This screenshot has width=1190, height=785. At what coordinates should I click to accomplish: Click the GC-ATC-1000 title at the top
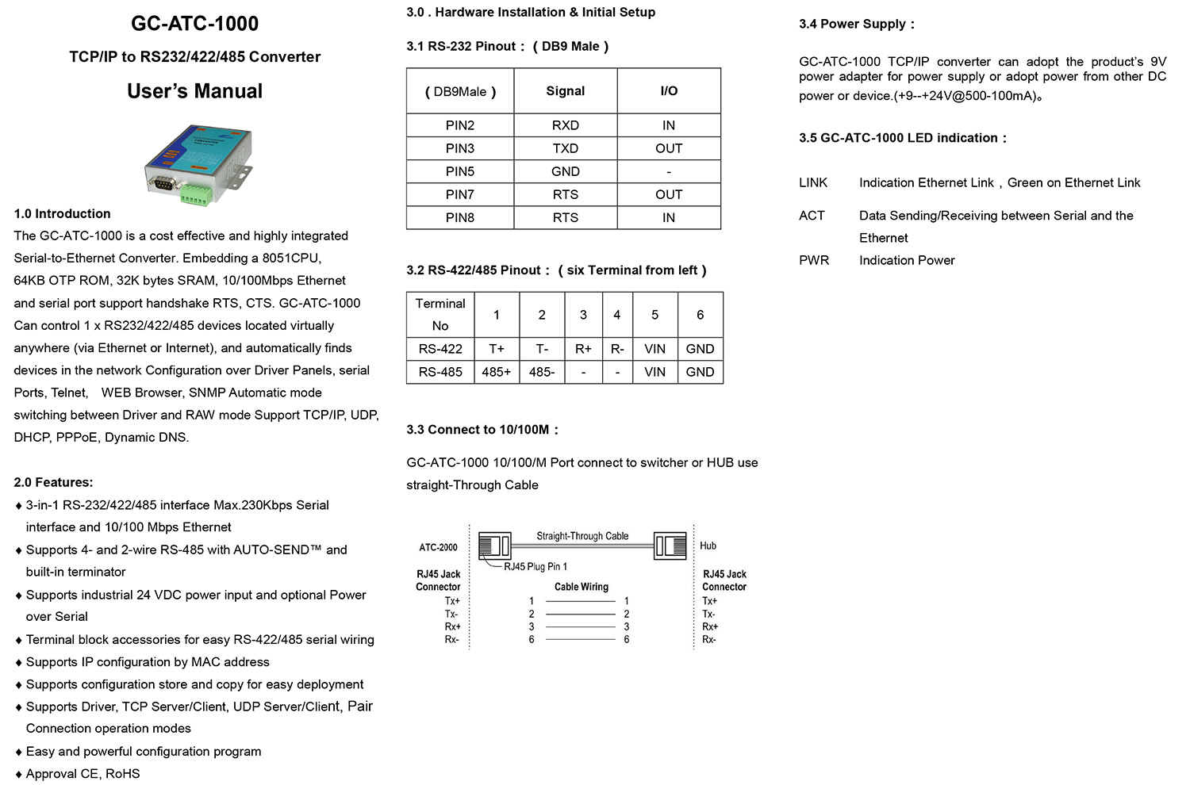click(194, 24)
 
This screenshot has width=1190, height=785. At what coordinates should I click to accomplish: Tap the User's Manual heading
click(194, 91)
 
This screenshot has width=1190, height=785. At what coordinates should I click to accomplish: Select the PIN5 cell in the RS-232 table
click(460, 171)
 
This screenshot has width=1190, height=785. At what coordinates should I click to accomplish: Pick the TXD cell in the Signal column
click(565, 148)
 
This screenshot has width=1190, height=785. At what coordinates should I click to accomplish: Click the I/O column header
click(669, 91)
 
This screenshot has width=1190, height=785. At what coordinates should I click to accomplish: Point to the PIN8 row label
click(460, 217)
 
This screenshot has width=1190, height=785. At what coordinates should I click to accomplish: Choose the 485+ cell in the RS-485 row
click(497, 372)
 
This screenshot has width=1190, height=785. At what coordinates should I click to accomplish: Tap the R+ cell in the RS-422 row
click(583, 349)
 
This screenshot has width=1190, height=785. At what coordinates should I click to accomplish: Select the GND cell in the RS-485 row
click(700, 372)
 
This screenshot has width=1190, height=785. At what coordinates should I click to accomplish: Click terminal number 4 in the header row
click(616, 315)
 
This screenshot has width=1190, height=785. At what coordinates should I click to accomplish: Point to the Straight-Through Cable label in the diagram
click(582, 536)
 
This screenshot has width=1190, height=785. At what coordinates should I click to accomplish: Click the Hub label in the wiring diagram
click(708, 546)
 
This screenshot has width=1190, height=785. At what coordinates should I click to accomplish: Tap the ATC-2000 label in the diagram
click(438, 547)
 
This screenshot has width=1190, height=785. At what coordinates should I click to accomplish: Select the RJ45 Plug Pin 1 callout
click(535, 566)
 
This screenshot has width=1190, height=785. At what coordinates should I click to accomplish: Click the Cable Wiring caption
click(582, 587)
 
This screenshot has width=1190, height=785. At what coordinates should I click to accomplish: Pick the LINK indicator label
click(813, 183)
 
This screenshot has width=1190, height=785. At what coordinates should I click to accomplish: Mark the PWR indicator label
click(814, 260)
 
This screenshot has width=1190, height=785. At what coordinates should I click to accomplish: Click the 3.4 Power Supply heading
click(856, 24)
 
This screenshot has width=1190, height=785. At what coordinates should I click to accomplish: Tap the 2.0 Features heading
click(53, 482)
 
